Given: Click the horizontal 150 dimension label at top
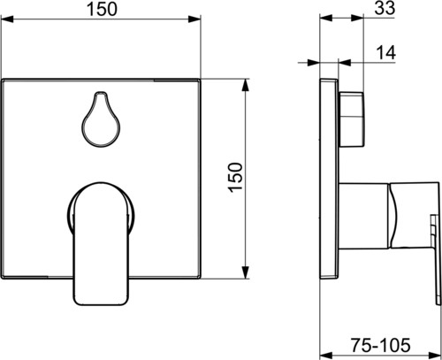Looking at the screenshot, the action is (102, 9).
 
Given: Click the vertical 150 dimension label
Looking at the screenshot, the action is (236, 178).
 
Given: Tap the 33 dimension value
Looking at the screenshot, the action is (385, 8).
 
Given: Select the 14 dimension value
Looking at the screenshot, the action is (385, 53).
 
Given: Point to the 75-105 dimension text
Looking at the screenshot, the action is (380, 345).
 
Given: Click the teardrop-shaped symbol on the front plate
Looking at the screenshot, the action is (101, 119).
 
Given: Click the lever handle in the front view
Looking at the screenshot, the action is (101, 243).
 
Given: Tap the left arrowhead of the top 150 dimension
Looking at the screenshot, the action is (7, 19).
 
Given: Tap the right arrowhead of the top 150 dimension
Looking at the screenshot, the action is (194, 19).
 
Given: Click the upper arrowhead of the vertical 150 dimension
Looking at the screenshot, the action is (246, 85).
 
